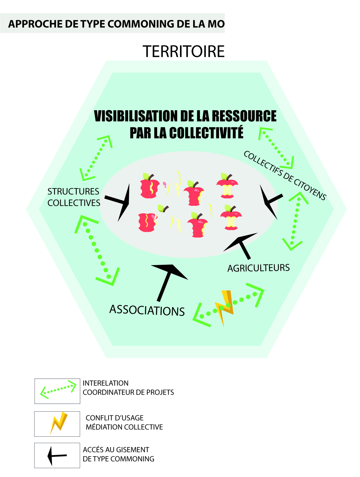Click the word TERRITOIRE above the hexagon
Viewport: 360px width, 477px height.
[x=183, y=51]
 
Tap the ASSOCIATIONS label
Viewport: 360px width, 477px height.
[x=147, y=310]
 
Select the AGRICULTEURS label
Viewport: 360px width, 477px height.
[x=259, y=268]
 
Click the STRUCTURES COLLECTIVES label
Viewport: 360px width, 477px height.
[x=74, y=197]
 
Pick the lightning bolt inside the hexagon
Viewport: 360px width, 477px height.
[x=225, y=307]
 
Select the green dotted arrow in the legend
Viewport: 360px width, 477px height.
[x=58, y=389]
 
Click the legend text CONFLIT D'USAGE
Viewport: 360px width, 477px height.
[x=114, y=418]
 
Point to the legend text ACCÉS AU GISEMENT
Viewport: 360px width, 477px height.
[x=116, y=450]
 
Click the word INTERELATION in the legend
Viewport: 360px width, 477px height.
[x=105, y=383]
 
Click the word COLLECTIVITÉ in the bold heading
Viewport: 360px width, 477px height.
[x=206, y=133]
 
